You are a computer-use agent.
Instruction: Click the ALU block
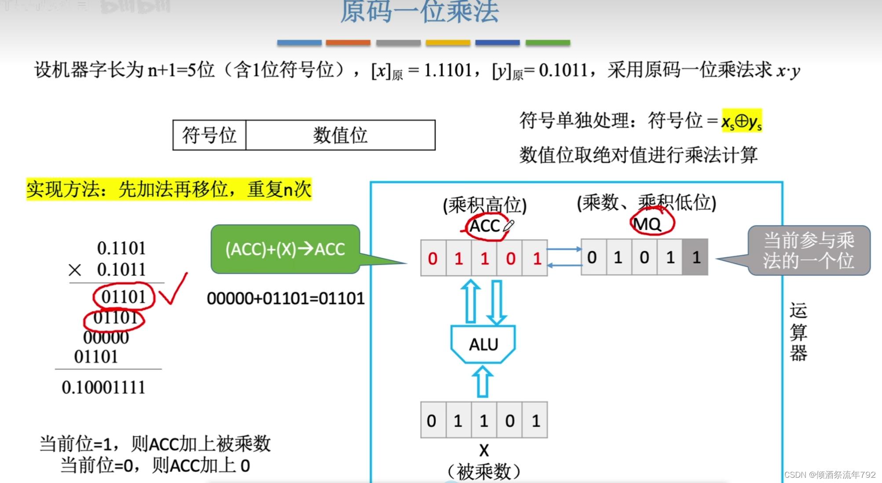point(483,344)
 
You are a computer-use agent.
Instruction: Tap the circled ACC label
point(484,226)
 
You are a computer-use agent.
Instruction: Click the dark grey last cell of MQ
point(695,257)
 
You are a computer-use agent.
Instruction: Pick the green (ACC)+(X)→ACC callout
point(285,249)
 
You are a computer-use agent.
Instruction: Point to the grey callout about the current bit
point(809,251)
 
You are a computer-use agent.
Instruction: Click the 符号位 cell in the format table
point(209,135)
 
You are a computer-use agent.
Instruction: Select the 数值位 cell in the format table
point(340,135)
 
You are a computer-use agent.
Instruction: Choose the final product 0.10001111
point(103,388)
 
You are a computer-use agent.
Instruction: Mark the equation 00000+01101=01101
point(285,299)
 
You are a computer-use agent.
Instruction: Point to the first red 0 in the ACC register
point(433,259)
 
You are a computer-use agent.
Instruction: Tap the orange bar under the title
point(348,43)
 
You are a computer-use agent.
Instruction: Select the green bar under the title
point(548,43)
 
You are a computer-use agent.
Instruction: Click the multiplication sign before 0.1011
point(75,270)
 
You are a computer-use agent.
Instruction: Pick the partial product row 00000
point(106,338)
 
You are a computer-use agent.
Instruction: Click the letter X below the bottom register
point(484,450)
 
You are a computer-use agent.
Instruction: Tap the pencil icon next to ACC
point(509,226)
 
